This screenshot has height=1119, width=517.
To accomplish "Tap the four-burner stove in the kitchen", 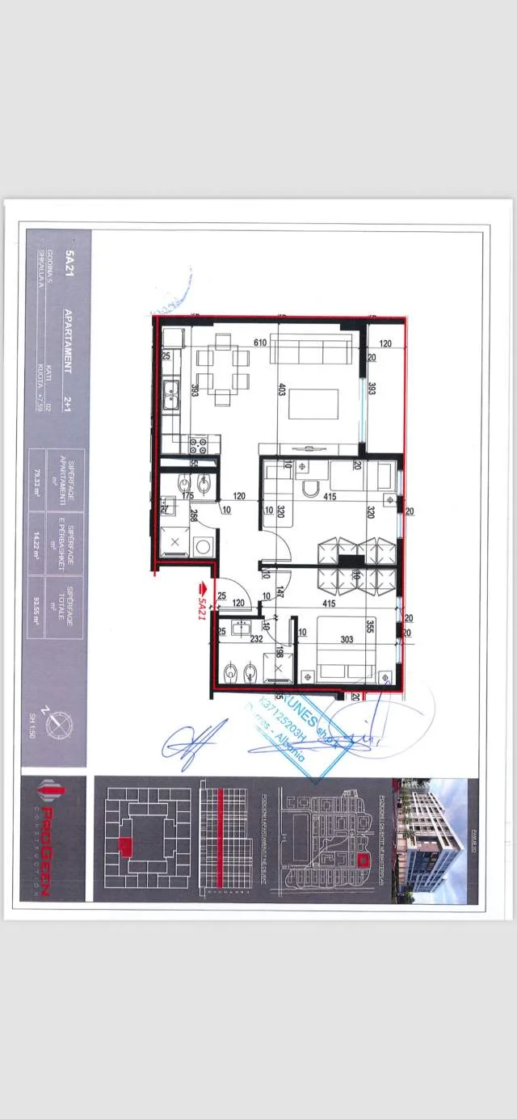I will point(200,444).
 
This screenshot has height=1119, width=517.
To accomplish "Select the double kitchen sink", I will point(172,396).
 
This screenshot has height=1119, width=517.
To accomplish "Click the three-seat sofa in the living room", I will point(311,351).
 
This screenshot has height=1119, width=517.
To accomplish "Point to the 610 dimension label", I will point(260,343).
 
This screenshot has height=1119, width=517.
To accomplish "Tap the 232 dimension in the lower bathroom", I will point(256,637).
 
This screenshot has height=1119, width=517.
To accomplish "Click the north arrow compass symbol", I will point(57,724).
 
